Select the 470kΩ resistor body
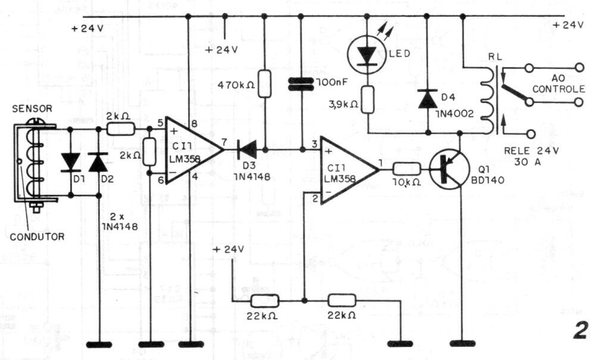[x=264, y=83]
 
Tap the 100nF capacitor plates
[x=301, y=84]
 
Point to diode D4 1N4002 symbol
[x=427, y=99]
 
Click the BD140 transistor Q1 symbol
[x=449, y=169]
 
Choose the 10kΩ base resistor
[x=407, y=169]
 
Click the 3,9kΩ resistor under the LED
[x=368, y=99]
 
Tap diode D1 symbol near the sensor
[x=71, y=162]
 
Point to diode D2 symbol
[x=98, y=162]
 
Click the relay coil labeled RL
[x=488, y=100]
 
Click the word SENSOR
[x=32, y=109]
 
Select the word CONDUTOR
[x=37, y=237]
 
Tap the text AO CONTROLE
[x=558, y=84]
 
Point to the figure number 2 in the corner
[x=580, y=330]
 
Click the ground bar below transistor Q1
[x=462, y=343]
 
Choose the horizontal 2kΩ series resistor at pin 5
[x=120, y=129]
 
